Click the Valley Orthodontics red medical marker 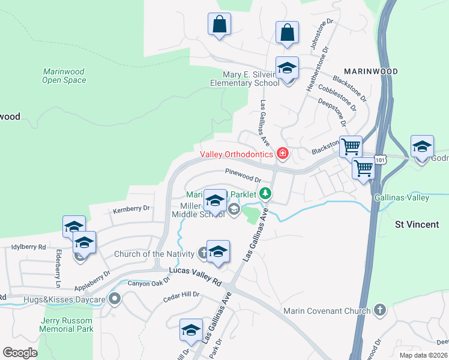coord(282,155)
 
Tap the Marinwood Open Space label coord(64,76)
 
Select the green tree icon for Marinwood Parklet coord(264,194)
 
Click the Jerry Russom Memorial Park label coord(67,325)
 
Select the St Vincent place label coord(417,224)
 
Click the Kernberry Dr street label coord(131,209)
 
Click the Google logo coord(20,352)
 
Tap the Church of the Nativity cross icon coord(203,254)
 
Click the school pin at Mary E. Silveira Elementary coord(287,70)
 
